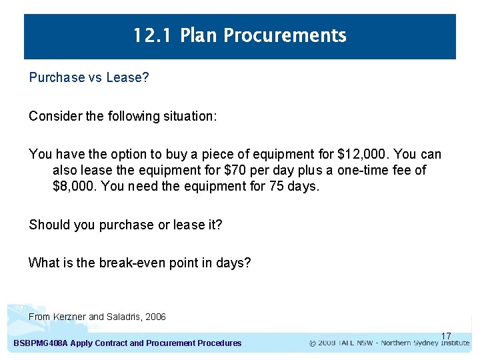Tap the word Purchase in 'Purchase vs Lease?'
(x=57, y=77)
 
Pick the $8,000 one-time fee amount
(x=73, y=186)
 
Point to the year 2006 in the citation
(x=155, y=317)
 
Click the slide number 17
(x=446, y=336)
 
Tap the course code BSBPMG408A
(x=40, y=343)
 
